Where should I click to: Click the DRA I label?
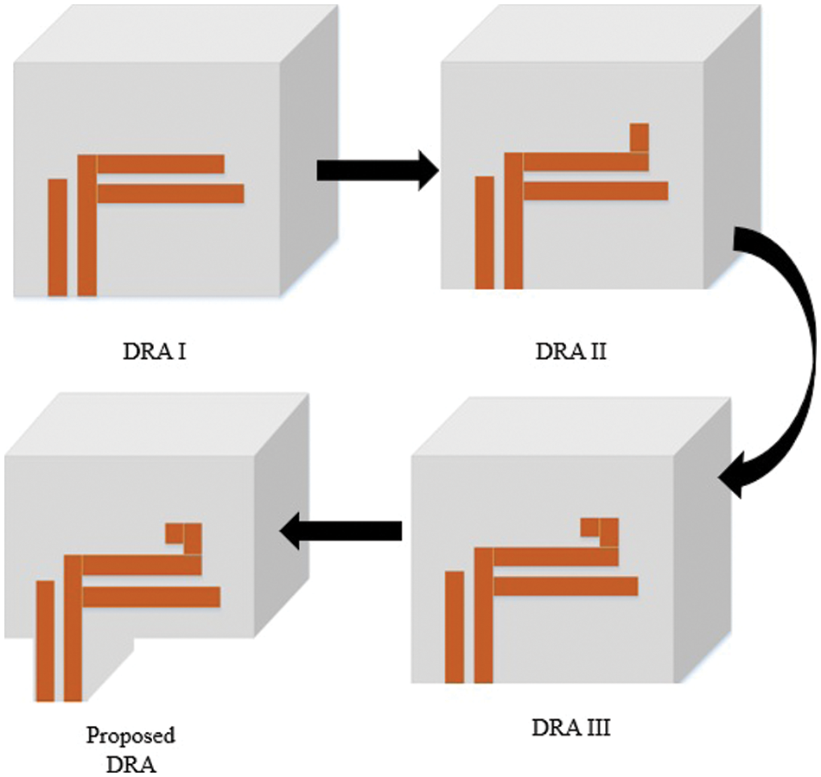[155, 351]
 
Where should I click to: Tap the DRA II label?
[570, 351]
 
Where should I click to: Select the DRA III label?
[571, 727]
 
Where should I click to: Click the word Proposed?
[130, 736]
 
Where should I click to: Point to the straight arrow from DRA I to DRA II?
[378, 171]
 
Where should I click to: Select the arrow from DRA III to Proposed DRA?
[340, 530]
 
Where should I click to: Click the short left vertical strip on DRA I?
[58, 237]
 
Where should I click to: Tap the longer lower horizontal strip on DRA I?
[171, 193]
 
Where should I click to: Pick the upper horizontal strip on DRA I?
[161, 164]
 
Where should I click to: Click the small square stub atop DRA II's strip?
[640, 137]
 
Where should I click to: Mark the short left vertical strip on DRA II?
[485, 233]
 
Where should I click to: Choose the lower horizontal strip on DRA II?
[595, 191]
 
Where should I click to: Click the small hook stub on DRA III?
[600, 532]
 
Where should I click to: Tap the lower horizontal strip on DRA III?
[565, 586]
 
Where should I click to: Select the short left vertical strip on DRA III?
[455, 628]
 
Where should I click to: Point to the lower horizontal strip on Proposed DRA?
[151, 597]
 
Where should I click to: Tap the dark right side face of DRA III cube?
[702, 539]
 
